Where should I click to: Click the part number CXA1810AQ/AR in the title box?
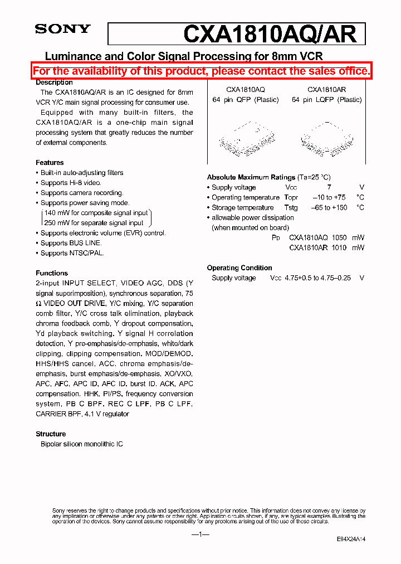click(270, 34)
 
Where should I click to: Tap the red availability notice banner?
click(200, 71)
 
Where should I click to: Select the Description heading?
click(54, 82)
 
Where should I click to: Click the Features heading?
click(50, 163)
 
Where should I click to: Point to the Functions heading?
click(52, 273)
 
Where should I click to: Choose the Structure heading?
click(51, 434)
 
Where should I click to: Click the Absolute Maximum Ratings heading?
click(251, 177)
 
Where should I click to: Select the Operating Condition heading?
click(239, 268)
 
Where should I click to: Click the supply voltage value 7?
click(329, 188)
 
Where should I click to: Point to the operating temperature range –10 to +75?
click(329, 198)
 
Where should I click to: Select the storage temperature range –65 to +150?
click(329, 208)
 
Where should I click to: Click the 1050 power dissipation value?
click(339, 238)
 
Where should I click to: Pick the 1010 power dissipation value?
click(339, 248)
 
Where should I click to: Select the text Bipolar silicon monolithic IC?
click(82, 444)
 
